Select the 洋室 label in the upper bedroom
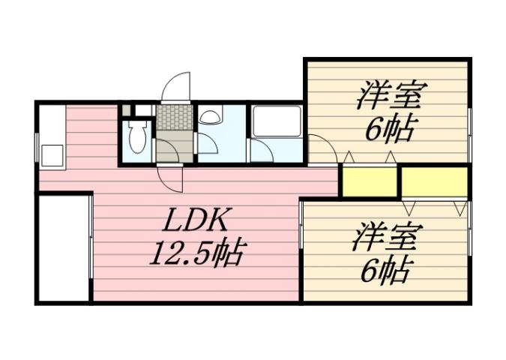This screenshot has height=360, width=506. click(x=391, y=97)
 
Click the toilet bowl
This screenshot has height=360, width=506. click(x=137, y=137)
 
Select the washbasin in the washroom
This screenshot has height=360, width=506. click(x=210, y=117)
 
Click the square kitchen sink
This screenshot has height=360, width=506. click(x=52, y=154)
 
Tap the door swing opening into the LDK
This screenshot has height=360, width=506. click(x=171, y=176)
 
